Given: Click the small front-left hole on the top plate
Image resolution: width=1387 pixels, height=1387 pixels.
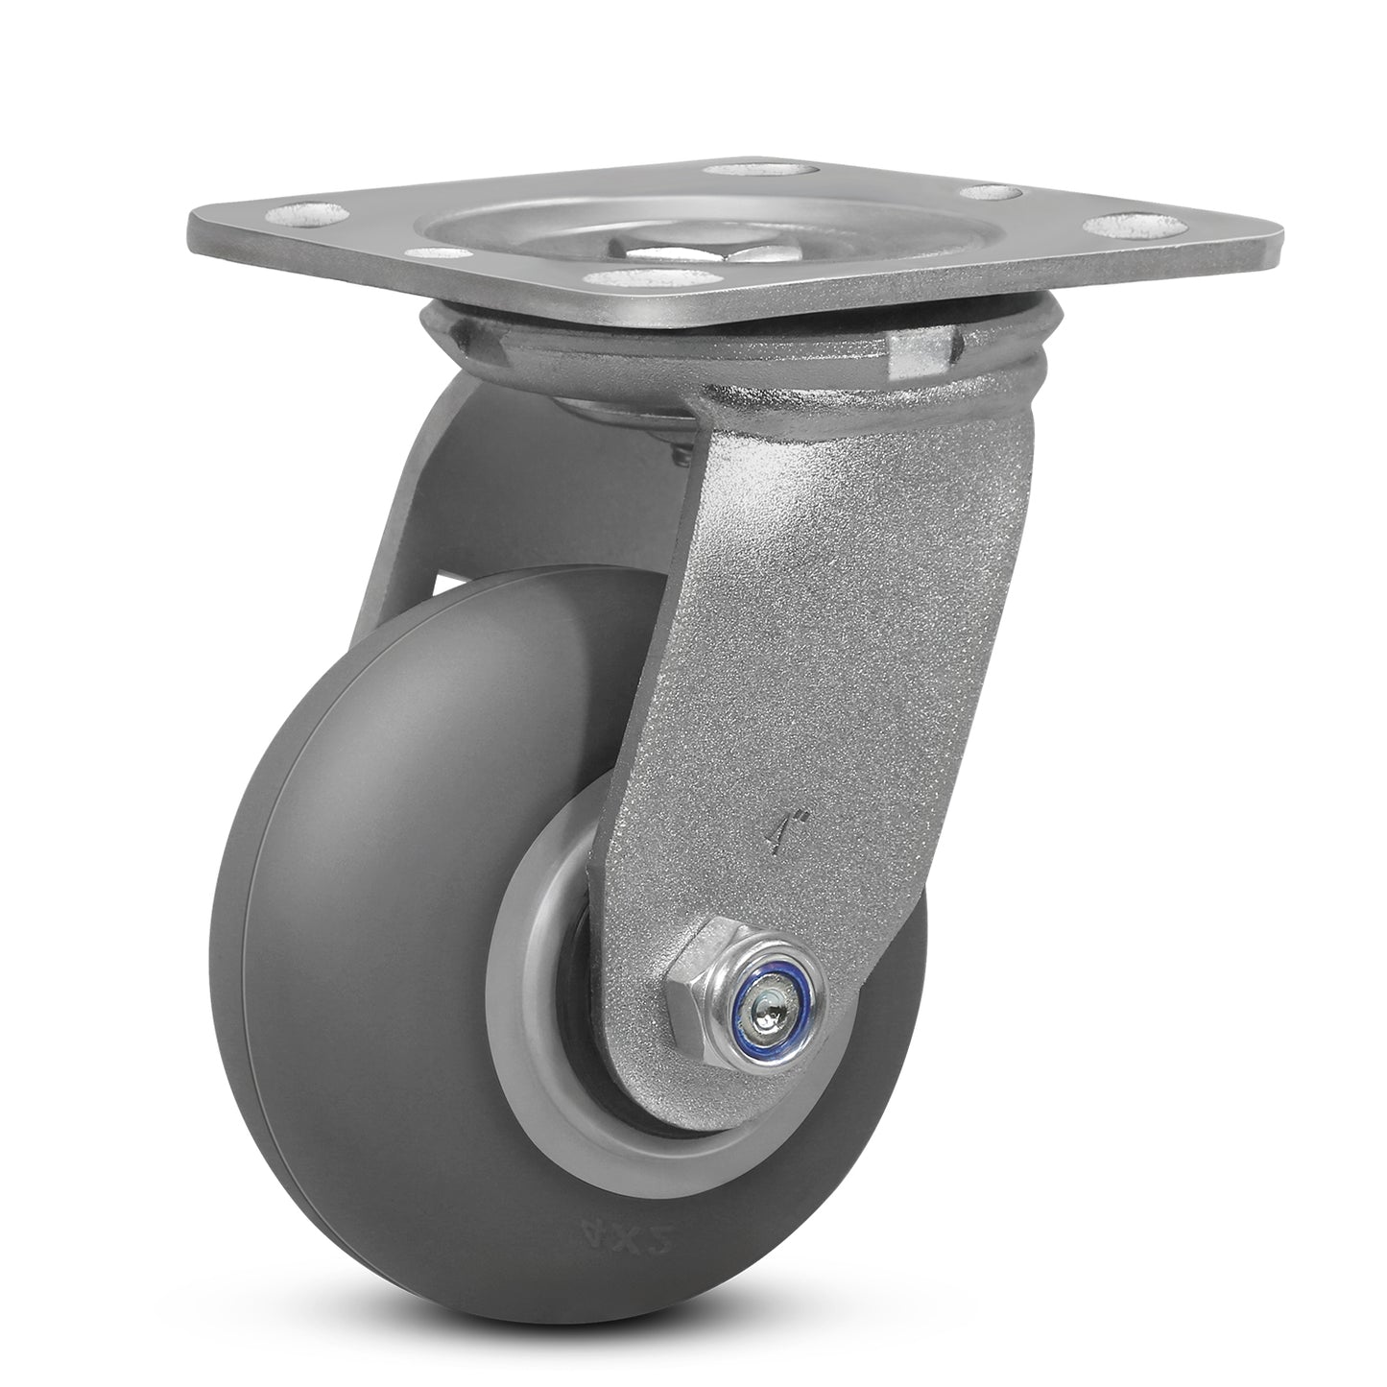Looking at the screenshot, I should pyautogui.click(x=437, y=253).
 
